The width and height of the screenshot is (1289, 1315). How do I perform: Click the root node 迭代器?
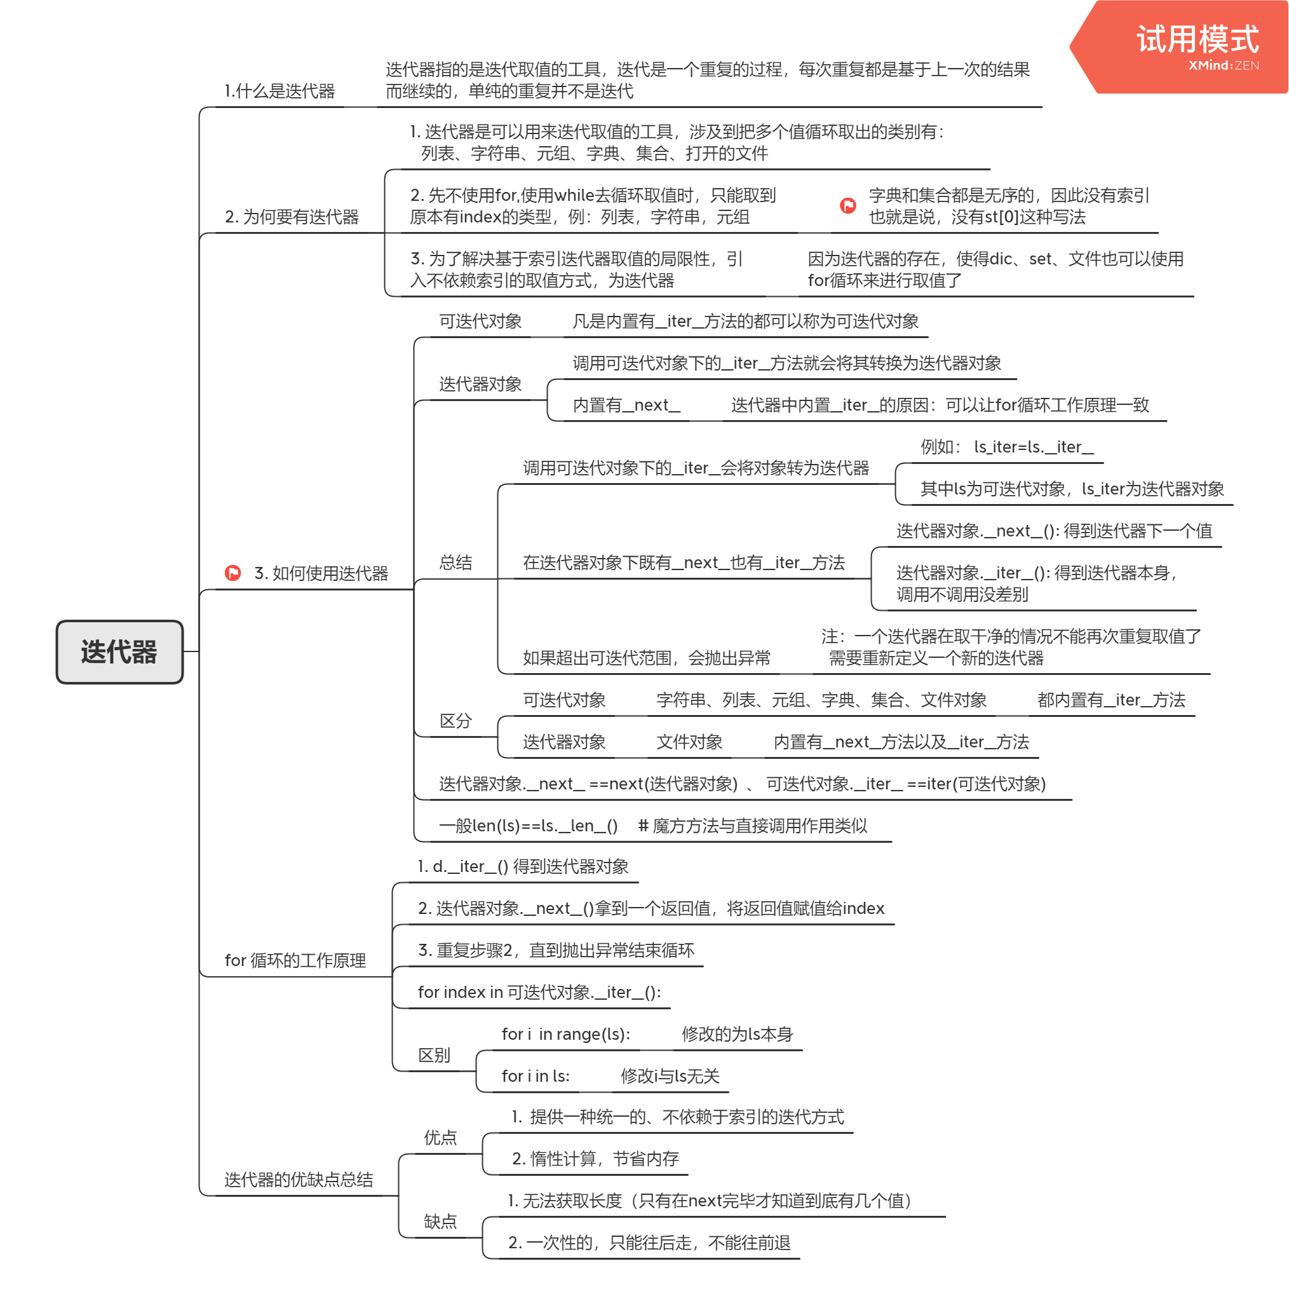[x=119, y=651]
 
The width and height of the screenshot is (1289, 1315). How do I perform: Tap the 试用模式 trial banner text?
[x=1197, y=39]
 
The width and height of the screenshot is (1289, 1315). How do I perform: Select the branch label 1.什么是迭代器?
[x=280, y=92]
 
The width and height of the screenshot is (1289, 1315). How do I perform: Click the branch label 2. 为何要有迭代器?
[x=292, y=217]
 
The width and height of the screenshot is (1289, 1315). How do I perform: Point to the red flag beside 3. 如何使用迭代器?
[x=233, y=573]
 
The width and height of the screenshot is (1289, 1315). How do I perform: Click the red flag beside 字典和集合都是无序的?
[x=847, y=206]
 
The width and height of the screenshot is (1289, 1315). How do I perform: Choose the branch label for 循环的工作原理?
[x=295, y=961]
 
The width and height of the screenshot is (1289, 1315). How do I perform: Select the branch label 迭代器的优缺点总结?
[x=299, y=1180]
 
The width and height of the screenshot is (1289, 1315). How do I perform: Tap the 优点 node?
[x=440, y=1138]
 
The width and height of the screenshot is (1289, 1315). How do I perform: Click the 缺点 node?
[x=440, y=1222]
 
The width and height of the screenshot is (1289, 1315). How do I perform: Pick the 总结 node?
[x=456, y=562]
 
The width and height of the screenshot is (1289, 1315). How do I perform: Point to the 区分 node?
[x=456, y=721]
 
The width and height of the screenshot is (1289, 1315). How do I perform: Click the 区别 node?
[x=434, y=1056]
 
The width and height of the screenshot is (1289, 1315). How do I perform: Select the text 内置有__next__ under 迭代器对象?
[x=626, y=405]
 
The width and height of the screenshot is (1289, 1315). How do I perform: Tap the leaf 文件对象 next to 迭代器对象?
[x=689, y=743]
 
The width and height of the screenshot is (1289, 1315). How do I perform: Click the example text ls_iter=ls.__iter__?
[x=1033, y=447]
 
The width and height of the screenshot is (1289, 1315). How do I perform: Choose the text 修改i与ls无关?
[x=670, y=1077]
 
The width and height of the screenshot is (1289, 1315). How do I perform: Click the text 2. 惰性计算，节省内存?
[x=595, y=1159]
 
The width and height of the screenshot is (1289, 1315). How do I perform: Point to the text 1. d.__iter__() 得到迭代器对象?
[x=523, y=867]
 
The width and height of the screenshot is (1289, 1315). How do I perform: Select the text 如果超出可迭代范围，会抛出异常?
[x=647, y=658]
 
